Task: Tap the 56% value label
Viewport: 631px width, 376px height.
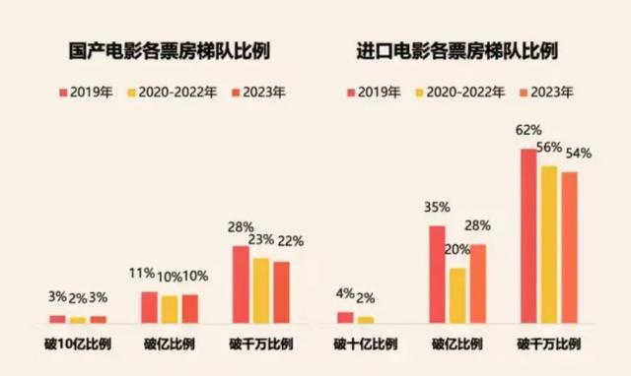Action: pyautogui.click(x=548, y=148)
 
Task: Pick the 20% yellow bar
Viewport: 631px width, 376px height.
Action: pyautogui.click(x=457, y=295)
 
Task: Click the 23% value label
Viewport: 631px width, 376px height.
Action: pyautogui.click(x=261, y=239)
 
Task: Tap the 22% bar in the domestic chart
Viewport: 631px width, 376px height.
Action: pyautogui.click(x=281, y=292)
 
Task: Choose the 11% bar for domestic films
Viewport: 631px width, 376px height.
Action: pyautogui.click(x=149, y=307)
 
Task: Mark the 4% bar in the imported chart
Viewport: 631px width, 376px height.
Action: pyautogui.click(x=345, y=317)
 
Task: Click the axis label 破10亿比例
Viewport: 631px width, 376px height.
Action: pyautogui.click(x=78, y=345)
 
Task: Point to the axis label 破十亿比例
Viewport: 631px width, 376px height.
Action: pyautogui.click(x=365, y=345)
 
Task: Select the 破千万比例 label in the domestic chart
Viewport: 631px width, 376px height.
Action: pyautogui.click(x=261, y=345)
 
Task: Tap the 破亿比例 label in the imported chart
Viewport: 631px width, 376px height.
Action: pyautogui.click(x=456, y=345)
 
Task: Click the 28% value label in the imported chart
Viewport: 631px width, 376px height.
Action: pyautogui.click(x=477, y=225)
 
